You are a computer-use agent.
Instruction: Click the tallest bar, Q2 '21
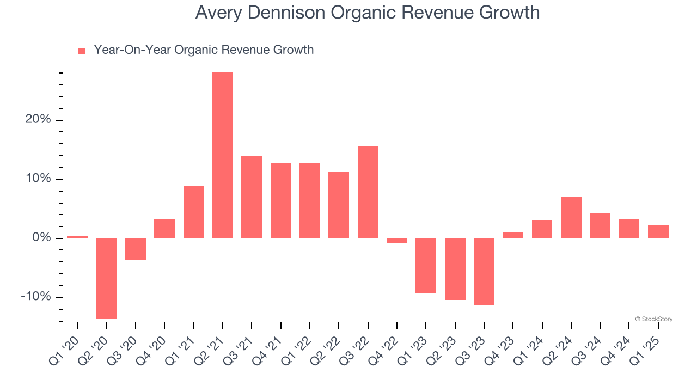pyautogui.click(x=223, y=155)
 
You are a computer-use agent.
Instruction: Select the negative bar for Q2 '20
pyautogui.click(x=107, y=278)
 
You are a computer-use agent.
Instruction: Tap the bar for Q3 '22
pyautogui.click(x=368, y=192)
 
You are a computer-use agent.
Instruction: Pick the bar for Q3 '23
pyautogui.click(x=484, y=272)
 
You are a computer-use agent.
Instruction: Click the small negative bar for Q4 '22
pyautogui.click(x=397, y=241)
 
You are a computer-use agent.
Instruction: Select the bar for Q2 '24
pyautogui.click(x=571, y=217)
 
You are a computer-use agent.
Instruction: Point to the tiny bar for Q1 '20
pyautogui.click(x=77, y=237)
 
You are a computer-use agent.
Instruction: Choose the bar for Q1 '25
pyautogui.click(x=658, y=231)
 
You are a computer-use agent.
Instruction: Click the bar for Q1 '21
pyautogui.click(x=194, y=212)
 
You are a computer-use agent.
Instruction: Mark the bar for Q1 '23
pyautogui.click(x=426, y=266)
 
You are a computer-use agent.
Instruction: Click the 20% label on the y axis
pyautogui.click(x=38, y=120)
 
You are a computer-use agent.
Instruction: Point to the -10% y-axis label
pyautogui.click(x=36, y=297)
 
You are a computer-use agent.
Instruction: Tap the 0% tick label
pyautogui.click(x=41, y=238)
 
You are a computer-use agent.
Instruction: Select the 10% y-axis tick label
pyautogui.click(x=38, y=179)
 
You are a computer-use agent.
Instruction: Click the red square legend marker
pyautogui.click(x=82, y=51)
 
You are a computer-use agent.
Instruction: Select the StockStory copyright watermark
pyautogui.click(x=653, y=319)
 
